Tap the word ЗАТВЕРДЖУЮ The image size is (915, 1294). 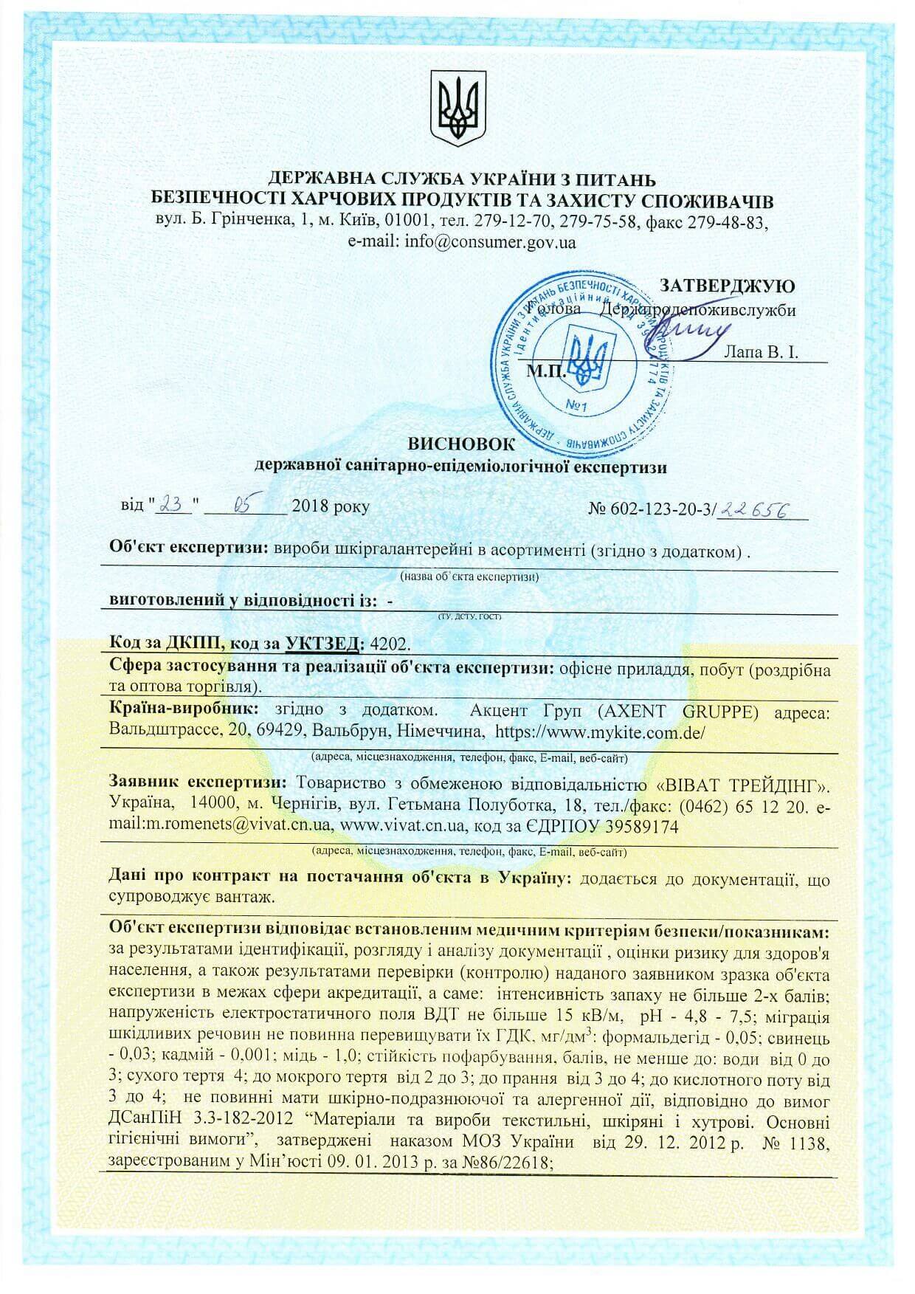pos(727,286)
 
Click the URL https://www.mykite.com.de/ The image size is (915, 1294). pos(601,732)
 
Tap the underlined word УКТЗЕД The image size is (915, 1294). pos(325,643)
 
